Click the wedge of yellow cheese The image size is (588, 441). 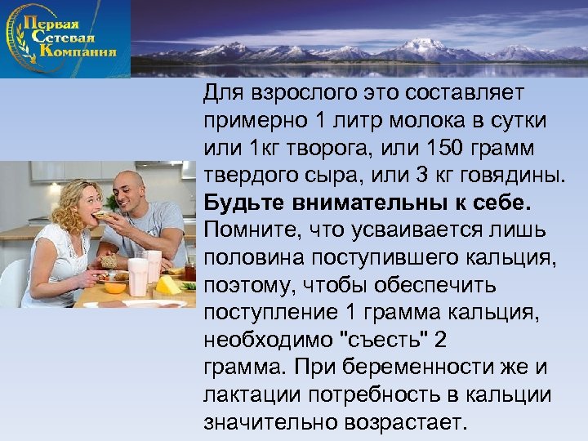tap(167, 285)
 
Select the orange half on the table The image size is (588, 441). tap(116, 287)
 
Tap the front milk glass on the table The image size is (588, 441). tap(138, 277)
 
